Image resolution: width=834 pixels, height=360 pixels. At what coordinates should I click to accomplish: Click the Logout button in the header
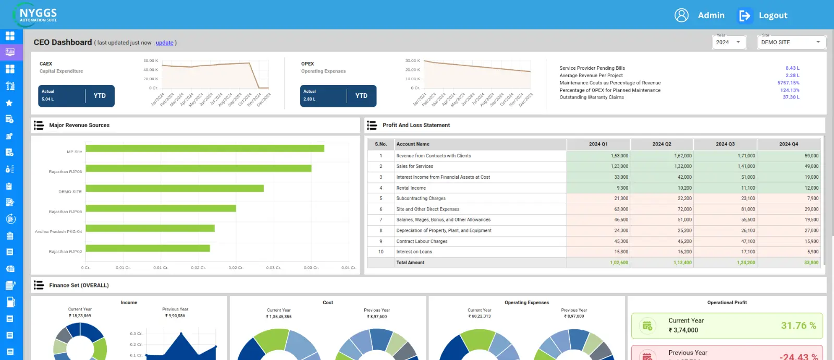(x=763, y=16)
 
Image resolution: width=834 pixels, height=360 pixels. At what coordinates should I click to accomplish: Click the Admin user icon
(x=681, y=15)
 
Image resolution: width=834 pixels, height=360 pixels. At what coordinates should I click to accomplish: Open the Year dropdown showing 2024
(x=729, y=42)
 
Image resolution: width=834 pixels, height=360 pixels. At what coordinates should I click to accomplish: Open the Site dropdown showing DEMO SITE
(x=791, y=42)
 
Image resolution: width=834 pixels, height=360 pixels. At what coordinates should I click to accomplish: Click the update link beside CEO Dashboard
(x=164, y=43)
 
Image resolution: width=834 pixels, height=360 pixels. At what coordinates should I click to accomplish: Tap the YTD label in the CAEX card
(x=100, y=96)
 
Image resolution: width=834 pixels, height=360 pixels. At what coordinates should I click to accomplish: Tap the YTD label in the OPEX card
(x=361, y=96)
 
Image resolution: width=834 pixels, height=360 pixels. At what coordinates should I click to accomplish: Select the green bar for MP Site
(x=205, y=148)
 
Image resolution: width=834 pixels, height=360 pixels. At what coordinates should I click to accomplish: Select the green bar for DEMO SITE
(x=175, y=188)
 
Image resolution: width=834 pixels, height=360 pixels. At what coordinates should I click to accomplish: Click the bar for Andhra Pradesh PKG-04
(x=150, y=228)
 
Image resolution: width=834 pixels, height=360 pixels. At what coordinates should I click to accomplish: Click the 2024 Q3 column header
(x=725, y=144)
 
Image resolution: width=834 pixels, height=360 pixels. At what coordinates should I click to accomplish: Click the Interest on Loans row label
(x=414, y=252)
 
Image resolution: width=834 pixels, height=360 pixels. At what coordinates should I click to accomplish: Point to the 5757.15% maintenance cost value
(x=788, y=83)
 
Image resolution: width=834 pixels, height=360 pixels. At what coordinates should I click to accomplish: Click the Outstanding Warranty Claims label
(x=591, y=97)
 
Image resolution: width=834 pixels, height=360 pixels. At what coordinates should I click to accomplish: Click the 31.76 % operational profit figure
(x=798, y=326)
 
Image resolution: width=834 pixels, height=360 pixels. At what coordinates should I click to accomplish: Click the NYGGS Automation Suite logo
(x=35, y=15)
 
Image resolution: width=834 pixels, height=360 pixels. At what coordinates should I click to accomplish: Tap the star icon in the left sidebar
(x=9, y=103)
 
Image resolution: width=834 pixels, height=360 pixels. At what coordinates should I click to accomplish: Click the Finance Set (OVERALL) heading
(x=79, y=285)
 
